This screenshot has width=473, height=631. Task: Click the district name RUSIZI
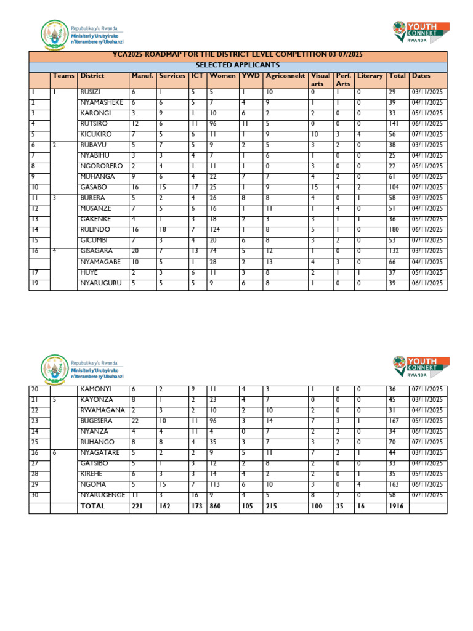(91, 92)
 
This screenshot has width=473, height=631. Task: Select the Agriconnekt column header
(285, 76)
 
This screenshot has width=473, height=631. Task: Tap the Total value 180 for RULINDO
(394, 229)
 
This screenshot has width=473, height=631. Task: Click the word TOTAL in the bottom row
(92, 506)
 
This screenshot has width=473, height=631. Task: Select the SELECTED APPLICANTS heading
(238, 65)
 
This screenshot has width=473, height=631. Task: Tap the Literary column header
(370, 76)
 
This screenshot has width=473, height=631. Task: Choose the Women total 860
(216, 506)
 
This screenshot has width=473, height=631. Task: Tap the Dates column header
(422, 76)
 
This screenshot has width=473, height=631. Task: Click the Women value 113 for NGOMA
(215, 484)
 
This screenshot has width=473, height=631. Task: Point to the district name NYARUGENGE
(102, 495)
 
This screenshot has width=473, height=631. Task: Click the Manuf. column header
(142, 76)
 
